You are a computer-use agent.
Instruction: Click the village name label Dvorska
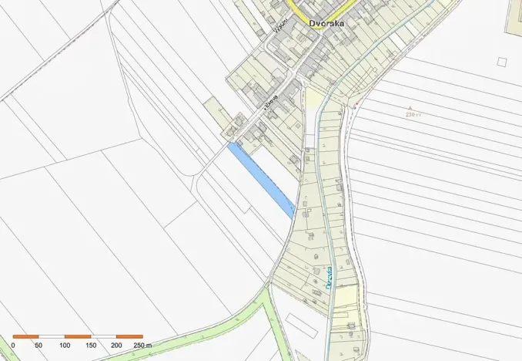coord(326,24)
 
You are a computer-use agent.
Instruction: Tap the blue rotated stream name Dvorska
coord(330,277)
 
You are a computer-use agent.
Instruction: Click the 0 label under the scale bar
coord(13,345)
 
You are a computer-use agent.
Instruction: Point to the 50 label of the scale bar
coord(38,345)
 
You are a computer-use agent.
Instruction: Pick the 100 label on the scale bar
coord(65,345)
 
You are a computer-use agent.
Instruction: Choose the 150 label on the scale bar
coord(91,345)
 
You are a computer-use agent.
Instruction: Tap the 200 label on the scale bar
coord(117,345)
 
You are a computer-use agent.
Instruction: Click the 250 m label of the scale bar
coord(143,345)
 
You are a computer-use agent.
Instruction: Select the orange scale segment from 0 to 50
coord(26,336)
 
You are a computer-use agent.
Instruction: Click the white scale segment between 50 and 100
coord(52,336)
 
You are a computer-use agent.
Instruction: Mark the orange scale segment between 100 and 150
coord(78,336)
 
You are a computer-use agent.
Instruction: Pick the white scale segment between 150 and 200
coord(104,336)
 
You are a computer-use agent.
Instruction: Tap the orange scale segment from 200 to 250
coord(130,336)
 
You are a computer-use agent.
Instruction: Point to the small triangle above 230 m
coord(411,108)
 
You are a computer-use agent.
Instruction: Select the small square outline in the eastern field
coord(502,62)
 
